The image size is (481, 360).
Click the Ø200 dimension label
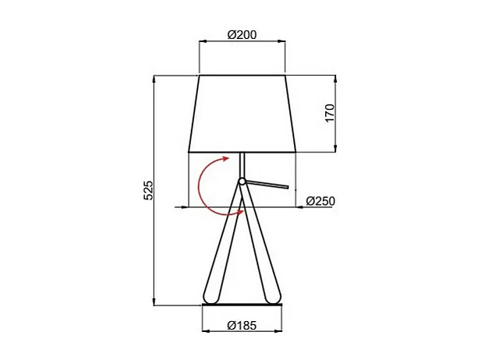coord(242,35)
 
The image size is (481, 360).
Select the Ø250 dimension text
coord(320,201)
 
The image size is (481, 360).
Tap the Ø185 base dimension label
coord(242,325)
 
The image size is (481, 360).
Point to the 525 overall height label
coord(147,190)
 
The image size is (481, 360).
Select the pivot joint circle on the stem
coord(242,182)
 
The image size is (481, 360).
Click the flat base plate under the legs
coord(242,305)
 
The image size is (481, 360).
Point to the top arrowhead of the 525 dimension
coord(154,79)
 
